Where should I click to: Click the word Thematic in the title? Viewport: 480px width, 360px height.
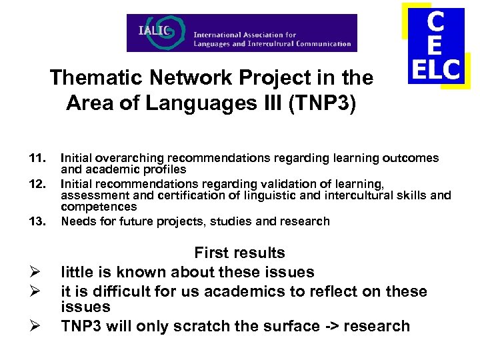(87, 78)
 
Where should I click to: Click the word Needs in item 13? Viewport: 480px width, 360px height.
(76, 221)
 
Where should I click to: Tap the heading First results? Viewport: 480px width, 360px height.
(239, 253)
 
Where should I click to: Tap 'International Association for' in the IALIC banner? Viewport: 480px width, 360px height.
(245, 35)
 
